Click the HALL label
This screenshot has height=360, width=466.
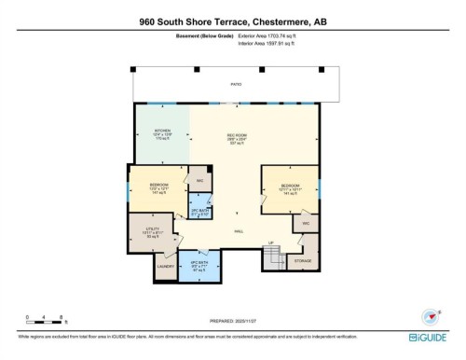coord(239,230)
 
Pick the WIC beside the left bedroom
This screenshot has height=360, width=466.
coord(199,180)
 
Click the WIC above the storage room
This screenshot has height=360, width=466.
coord(306,224)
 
